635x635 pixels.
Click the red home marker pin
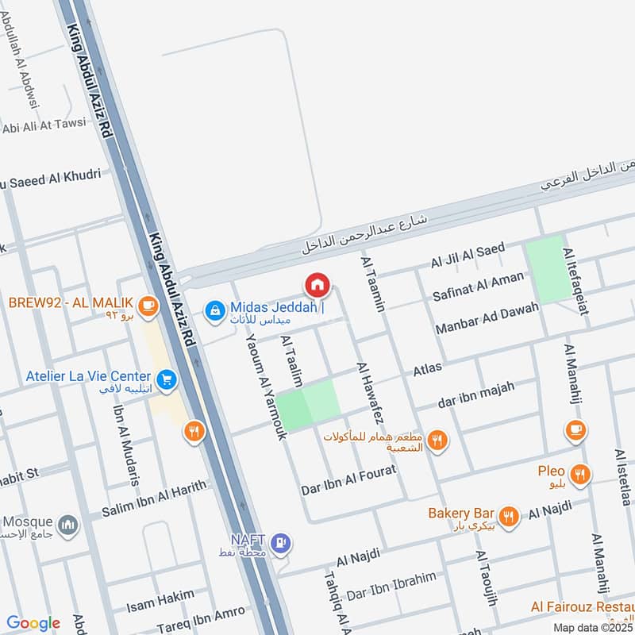(317, 284)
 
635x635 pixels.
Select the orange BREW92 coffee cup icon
(146, 304)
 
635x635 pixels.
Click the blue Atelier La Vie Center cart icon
(166, 380)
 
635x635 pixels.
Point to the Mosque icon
(68, 525)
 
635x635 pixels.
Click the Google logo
(33, 623)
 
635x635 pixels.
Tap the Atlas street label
(427, 368)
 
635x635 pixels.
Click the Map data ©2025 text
(593, 627)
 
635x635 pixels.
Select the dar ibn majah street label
(476, 394)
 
